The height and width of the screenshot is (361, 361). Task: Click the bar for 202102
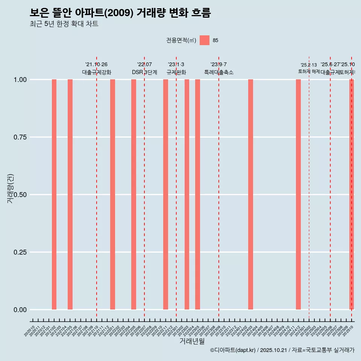54,194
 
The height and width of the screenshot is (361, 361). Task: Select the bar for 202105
70,194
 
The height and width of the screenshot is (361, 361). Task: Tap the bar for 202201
112,194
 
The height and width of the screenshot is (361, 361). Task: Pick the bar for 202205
133,194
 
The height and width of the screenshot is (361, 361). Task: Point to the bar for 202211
165,194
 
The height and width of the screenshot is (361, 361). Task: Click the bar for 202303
187,194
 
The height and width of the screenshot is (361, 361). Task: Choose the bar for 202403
250,194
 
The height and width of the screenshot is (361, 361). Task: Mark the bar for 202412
298,194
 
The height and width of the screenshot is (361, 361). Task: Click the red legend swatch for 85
205,40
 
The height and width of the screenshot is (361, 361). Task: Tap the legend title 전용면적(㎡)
181,40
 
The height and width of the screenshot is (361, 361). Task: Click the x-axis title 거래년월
192,341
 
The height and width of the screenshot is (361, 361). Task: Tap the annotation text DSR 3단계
144,72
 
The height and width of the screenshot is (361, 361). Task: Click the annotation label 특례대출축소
219,72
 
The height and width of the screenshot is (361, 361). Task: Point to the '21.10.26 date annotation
96,65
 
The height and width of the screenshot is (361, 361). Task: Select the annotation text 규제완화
176,72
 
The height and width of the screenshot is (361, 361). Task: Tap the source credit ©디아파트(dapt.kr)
233,350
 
